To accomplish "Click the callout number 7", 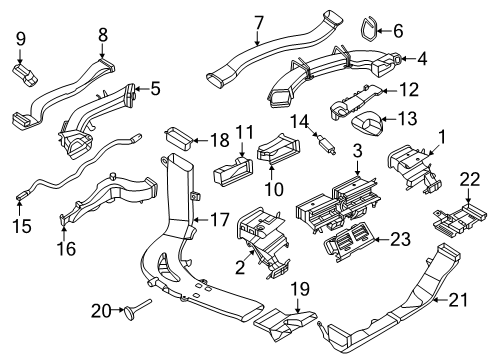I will pyautogui.click(x=258, y=21).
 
